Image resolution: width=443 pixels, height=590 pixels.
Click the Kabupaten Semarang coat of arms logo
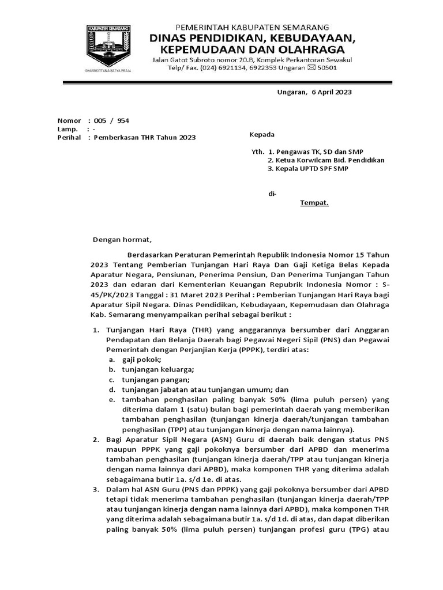110,48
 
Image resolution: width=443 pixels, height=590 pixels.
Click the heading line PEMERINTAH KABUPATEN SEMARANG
252,27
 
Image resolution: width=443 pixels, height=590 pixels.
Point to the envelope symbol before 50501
312,68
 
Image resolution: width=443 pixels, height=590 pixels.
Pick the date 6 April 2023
332,92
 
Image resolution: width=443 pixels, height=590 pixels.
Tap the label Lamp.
67,129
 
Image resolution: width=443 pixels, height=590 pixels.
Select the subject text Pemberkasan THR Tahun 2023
144,138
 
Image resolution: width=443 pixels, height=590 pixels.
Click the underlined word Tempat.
314,203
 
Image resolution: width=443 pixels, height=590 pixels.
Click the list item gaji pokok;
137,359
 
